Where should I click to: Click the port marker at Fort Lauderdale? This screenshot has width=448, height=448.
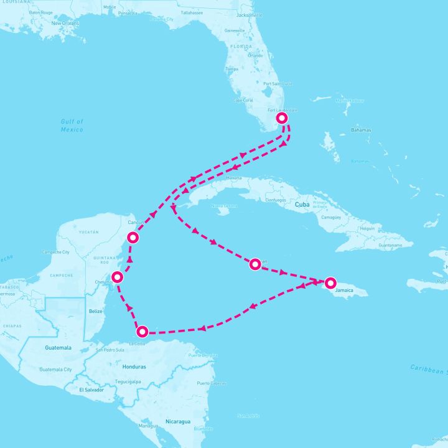282,118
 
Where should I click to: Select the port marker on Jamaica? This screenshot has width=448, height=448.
330,282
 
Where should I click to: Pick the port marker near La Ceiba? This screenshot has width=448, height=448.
142,332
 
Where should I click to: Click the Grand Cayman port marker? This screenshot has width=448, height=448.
254,264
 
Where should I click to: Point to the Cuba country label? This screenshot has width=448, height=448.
302,204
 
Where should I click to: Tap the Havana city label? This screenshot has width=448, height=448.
234,178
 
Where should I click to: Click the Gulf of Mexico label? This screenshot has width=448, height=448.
72,125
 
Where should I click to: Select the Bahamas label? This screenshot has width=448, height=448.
360,130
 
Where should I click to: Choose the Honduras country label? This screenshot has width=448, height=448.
134,366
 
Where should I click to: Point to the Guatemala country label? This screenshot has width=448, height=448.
58,348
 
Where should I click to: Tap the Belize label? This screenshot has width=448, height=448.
96,311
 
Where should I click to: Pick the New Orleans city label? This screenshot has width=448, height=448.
65,24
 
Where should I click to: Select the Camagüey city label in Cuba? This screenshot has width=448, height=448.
330,218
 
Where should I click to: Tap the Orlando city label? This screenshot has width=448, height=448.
255,55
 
